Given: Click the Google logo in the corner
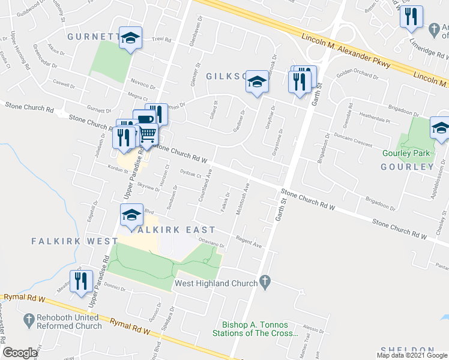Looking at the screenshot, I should coord(20,353).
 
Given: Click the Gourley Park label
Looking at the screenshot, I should coord(406,153).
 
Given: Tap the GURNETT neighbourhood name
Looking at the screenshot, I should coord(90,37).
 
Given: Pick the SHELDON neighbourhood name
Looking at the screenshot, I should coord(407,350).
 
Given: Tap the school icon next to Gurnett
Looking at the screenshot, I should coord(130,38).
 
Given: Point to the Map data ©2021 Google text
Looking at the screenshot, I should coord(412,355).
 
